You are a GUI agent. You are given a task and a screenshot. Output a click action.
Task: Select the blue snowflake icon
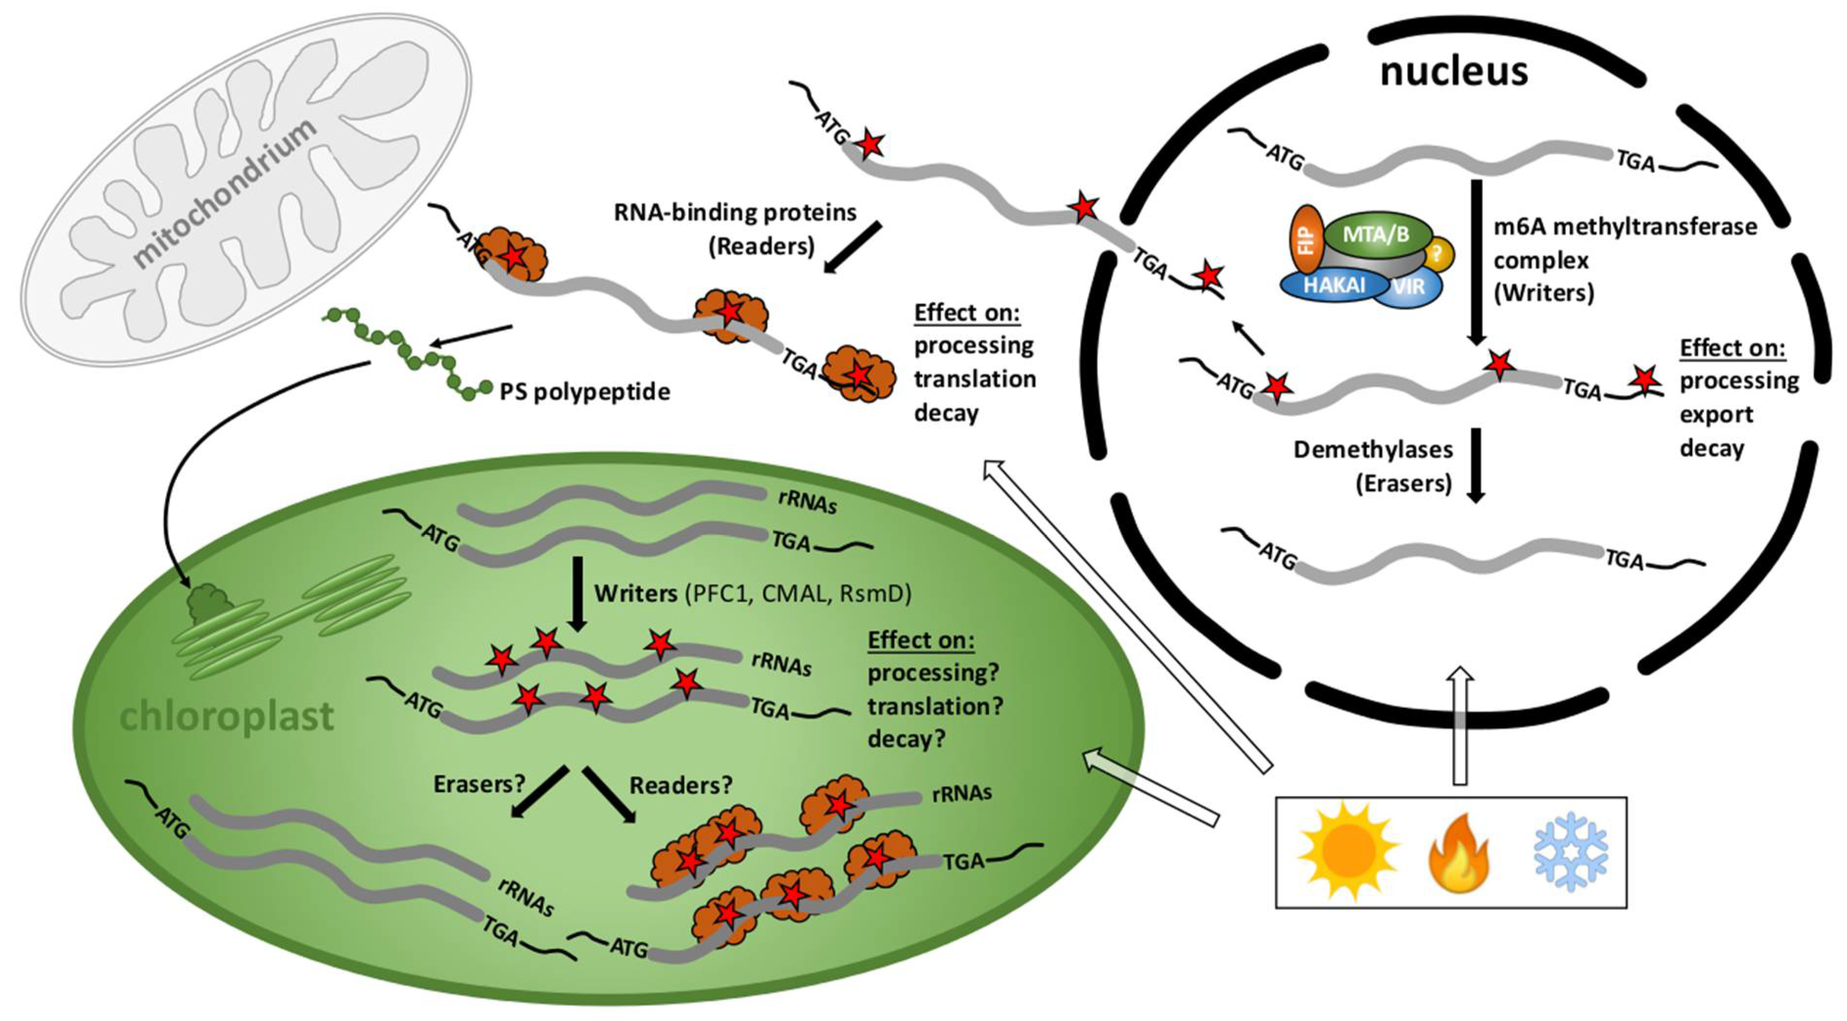[1570, 852]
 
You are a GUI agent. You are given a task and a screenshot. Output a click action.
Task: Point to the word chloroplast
[227, 716]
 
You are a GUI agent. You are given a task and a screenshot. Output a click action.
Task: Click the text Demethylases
[1372, 450]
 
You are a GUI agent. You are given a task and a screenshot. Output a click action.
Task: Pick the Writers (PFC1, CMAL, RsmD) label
[752, 594]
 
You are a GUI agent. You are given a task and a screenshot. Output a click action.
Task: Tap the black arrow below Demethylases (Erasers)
[1475, 466]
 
